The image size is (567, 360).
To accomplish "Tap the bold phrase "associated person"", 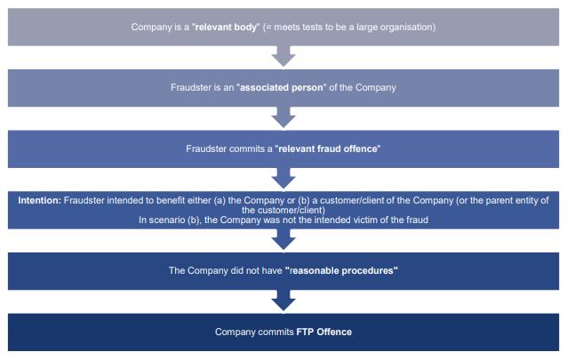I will click(x=278, y=88).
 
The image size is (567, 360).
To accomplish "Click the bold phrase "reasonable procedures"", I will click(x=342, y=268).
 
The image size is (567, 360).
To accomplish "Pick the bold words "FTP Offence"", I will click(x=324, y=332).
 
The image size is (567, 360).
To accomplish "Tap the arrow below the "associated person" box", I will click(x=283, y=117).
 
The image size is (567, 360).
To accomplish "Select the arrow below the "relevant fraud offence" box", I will click(x=283, y=179).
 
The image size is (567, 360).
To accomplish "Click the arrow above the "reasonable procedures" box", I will click(x=283, y=240).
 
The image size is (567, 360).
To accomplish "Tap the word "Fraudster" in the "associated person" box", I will click(x=191, y=88).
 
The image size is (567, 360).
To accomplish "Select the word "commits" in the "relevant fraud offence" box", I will click(x=249, y=148).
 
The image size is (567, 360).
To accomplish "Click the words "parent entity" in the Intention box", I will click(x=502, y=199).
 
